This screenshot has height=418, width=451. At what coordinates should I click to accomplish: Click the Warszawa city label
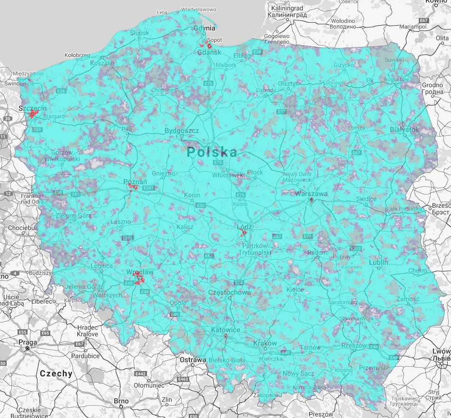point(311,194)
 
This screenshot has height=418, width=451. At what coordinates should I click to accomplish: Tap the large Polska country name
point(212,152)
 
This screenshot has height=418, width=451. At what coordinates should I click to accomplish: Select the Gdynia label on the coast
point(205,28)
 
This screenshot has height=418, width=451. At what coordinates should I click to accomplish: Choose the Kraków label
point(265,343)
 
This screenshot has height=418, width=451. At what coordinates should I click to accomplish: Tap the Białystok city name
point(404,130)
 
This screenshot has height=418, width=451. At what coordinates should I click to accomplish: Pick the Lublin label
point(379,262)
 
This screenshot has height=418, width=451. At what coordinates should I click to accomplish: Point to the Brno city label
point(121,401)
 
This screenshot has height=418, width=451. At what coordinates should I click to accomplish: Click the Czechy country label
point(56,373)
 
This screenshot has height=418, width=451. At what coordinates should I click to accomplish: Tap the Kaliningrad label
point(286,9)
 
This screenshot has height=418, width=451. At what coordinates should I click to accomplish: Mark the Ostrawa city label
point(193,360)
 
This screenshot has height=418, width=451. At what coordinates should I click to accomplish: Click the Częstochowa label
point(230,293)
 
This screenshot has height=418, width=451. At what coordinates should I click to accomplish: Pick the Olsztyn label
point(288,84)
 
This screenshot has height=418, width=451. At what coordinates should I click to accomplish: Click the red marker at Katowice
point(226,337)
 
